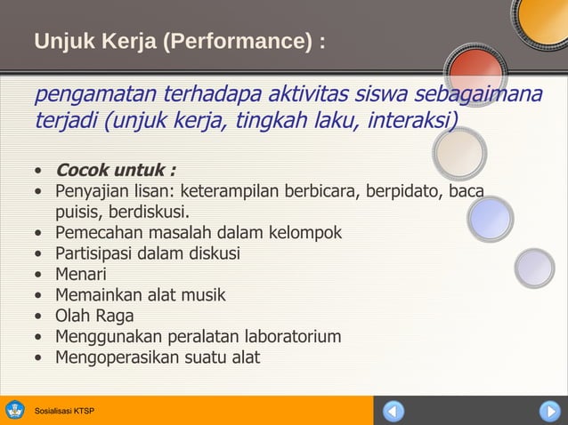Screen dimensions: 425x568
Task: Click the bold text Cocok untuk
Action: [x=115, y=170]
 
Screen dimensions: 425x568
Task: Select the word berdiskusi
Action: [x=146, y=212]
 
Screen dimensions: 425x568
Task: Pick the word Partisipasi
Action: [x=95, y=253]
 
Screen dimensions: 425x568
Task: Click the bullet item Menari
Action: [x=80, y=275]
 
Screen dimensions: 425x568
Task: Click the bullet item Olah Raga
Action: [x=94, y=316]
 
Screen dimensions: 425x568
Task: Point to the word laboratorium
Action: [x=286, y=337]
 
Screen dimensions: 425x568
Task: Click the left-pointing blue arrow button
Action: [x=394, y=412]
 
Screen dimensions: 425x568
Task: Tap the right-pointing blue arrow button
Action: [x=548, y=412]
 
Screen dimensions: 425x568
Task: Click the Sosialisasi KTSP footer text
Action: [x=63, y=411]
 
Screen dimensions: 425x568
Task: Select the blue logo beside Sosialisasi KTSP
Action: [x=15, y=411]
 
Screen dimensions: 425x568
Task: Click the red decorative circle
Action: [x=474, y=73]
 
